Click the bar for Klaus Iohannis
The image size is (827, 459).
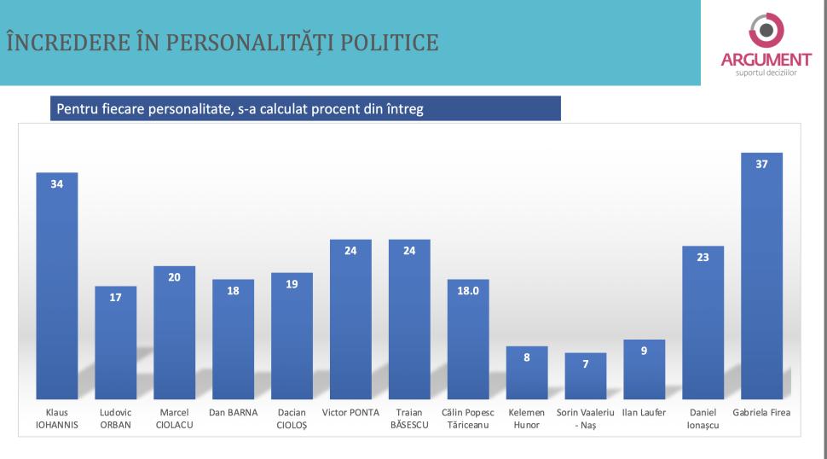coord(57,286)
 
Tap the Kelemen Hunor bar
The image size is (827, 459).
coord(527,372)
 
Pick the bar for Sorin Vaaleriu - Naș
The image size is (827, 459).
coord(586,375)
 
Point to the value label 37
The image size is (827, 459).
coord(762,164)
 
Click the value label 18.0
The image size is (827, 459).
coord(468,291)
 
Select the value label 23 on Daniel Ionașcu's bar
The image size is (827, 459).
coord(703,257)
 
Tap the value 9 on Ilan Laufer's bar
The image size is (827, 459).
coord(645,351)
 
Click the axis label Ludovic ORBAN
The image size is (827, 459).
coord(115,419)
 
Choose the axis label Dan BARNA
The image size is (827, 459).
coord(233,413)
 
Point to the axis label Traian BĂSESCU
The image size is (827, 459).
coord(409,419)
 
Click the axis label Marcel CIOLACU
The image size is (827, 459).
coord(174,419)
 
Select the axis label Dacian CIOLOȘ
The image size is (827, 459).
coord(292,419)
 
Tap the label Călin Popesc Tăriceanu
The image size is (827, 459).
coord(468,419)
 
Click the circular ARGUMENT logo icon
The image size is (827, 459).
coord(766,31)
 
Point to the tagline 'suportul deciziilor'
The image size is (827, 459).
coord(766,73)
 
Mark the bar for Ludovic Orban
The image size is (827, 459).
coord(115,342)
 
